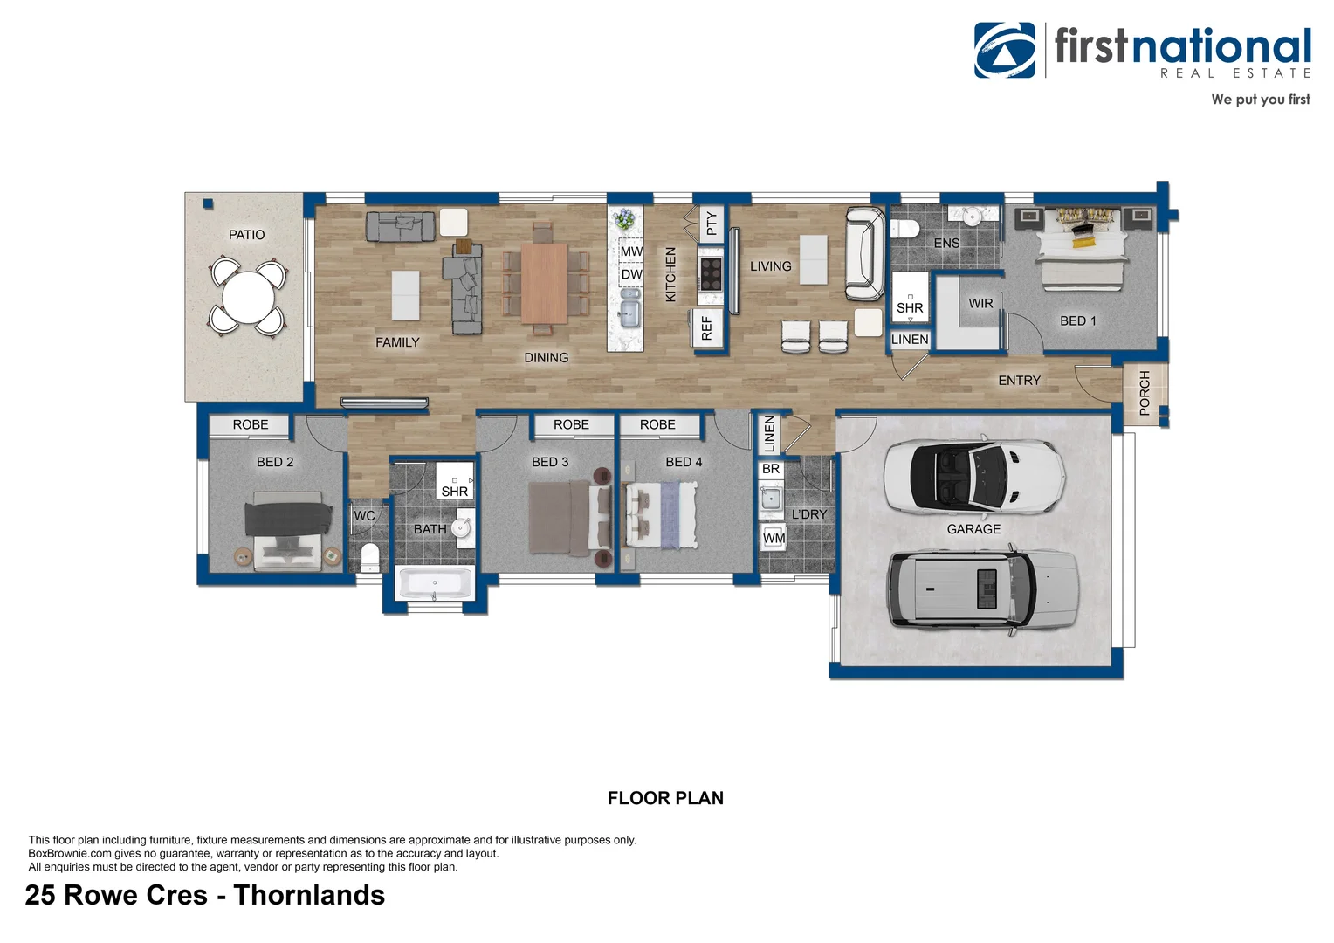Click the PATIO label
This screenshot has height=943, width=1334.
coord(246,235)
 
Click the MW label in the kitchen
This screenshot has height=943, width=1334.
coord(631,251)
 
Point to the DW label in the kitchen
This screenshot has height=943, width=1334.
coord(631,274)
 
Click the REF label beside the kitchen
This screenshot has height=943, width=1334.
coord(707,328)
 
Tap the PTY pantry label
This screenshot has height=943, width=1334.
coord(712,224)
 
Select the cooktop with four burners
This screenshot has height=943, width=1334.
coord(711,273)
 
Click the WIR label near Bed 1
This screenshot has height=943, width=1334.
coord(980,303)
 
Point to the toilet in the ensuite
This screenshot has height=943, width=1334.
coord(904,230)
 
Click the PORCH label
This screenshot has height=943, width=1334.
coord(1145,392)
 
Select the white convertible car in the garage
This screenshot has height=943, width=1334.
coord(973,476)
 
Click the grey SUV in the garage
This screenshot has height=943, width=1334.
coord(983,589)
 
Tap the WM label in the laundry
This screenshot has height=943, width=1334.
coord(774,538)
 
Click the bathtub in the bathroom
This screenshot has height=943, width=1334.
coord(435,583)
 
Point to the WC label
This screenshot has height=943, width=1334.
coord(364,516)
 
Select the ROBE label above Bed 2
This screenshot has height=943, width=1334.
coord(251,424)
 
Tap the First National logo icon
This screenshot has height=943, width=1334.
coord(1005,51)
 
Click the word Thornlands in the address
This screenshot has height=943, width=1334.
coord(309,895)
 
